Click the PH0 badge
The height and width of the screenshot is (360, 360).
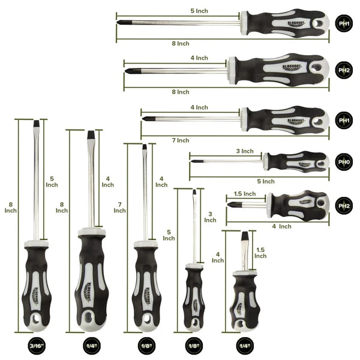(343, 161)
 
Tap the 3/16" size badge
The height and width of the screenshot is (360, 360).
(36, 347)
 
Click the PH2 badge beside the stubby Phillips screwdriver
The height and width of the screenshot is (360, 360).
(343, 206)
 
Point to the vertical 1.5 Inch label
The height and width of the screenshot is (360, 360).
(260, 252)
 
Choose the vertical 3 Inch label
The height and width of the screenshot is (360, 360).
(210, 217)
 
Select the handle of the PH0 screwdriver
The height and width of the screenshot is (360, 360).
(297, 161)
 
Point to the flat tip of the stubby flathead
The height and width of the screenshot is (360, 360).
(244, 236)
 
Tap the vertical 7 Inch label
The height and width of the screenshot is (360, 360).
(119, 207)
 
